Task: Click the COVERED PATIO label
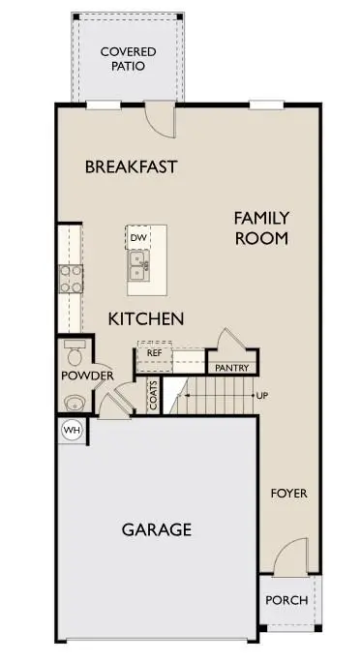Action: click(x=128, y=59)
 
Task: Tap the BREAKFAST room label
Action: click(x=131, y=166)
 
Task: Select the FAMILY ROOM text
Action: click(x=261, y=228)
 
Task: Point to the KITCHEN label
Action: click(x=146, y=318)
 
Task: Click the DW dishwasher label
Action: click(x=138, y=238)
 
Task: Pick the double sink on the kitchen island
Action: click(x=139, y=265)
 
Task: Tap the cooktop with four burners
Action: click(x=70, y=279)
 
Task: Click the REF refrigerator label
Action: click(x=154, y=353)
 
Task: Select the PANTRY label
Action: click(x=232, y=369)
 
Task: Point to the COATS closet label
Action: click(x=153, y=396)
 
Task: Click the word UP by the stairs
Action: click(x=262, y=396)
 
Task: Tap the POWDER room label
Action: click(x=87, y=376)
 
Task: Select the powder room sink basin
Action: click(x=75, y=403)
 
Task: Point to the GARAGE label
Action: click(x=157, y=529)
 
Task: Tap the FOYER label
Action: click(x=289, y=494)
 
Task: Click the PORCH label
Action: click(x=286, y=600)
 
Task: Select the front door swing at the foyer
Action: click(x=291, y=557)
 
